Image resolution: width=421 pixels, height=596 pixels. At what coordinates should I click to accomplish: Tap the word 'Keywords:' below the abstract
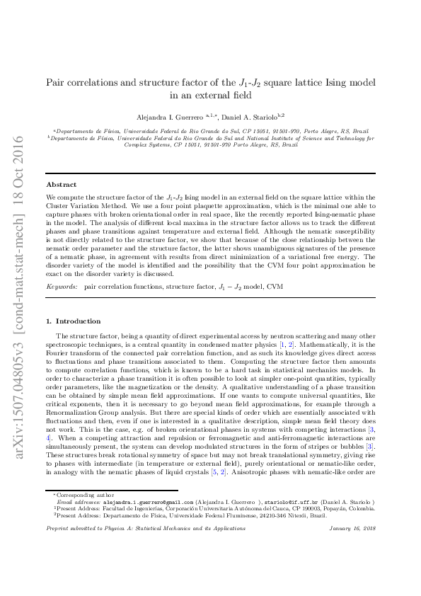[62, 287]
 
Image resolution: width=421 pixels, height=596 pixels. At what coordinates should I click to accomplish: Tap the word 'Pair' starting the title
[56, 82]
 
